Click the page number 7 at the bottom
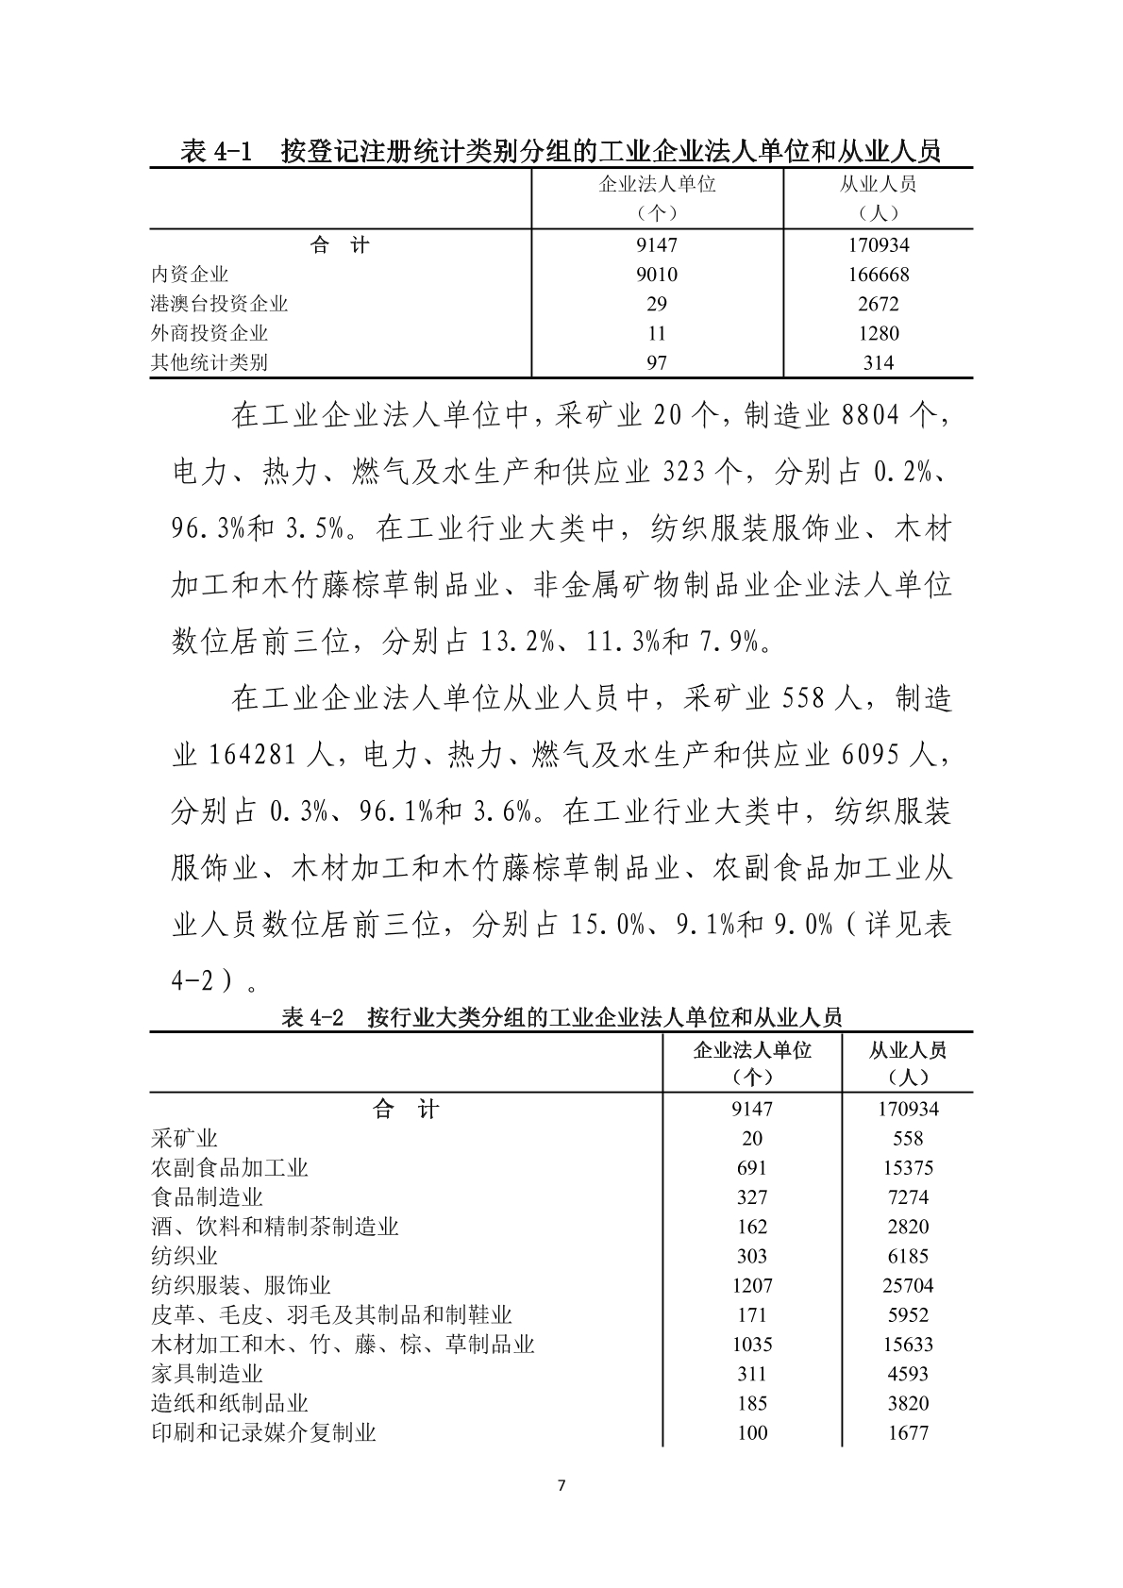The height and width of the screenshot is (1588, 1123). [561, 1486]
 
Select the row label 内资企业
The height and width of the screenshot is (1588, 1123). [190, 275]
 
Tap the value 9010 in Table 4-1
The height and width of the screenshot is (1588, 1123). [657, 275]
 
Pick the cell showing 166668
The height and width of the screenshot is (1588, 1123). [878, 275]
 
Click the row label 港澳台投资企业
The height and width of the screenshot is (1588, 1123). [219, 304]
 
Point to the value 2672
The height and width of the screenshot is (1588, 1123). [878, 304]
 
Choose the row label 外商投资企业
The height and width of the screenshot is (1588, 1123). [210, 333]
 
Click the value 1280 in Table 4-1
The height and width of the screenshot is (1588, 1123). [878, 333]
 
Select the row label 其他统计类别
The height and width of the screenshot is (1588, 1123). [210, 362]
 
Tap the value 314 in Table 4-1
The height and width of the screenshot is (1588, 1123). [878, 362]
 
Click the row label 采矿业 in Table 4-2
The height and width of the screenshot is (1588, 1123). [184, 1138]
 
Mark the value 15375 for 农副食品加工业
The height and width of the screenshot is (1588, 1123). [908, 1167]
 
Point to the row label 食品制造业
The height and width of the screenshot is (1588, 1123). [207, 1196]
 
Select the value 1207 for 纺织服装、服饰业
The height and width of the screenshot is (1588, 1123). [751, 1285]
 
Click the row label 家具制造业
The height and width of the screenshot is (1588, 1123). [207, 1373]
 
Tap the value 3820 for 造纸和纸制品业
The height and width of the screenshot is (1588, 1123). [908, 1403]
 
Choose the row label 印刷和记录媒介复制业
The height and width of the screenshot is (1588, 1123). [263, 1432]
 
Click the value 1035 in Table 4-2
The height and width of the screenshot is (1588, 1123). [751, 1344]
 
